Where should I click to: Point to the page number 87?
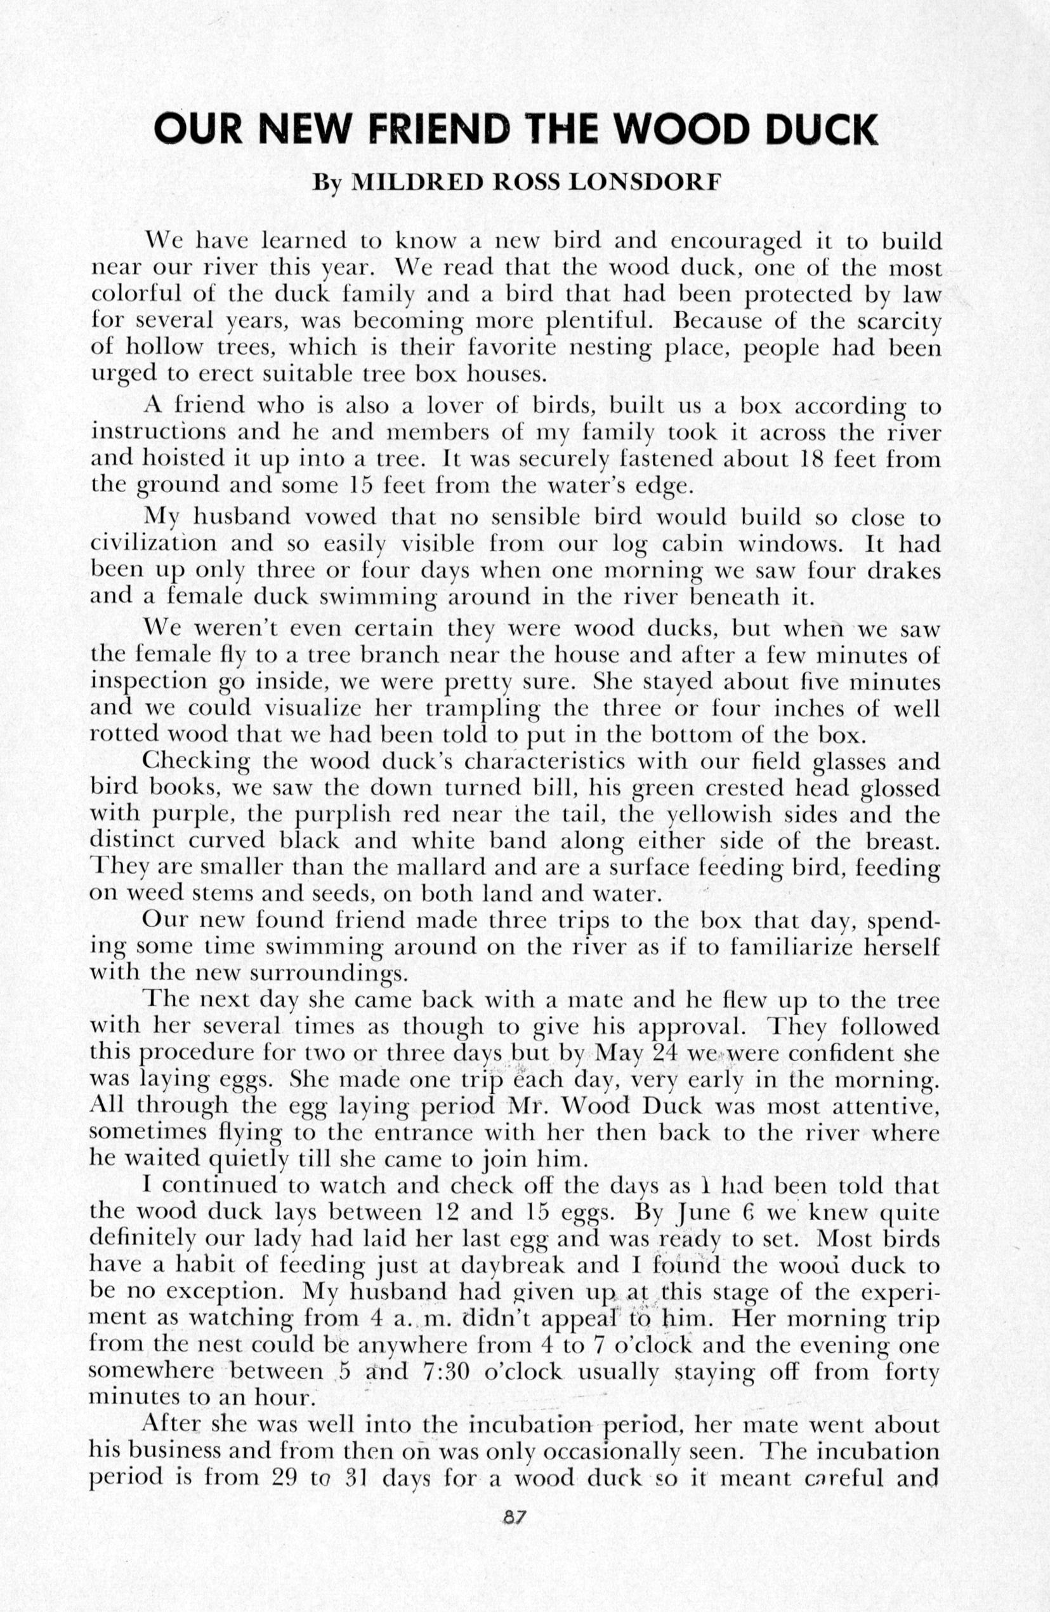515,1532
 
